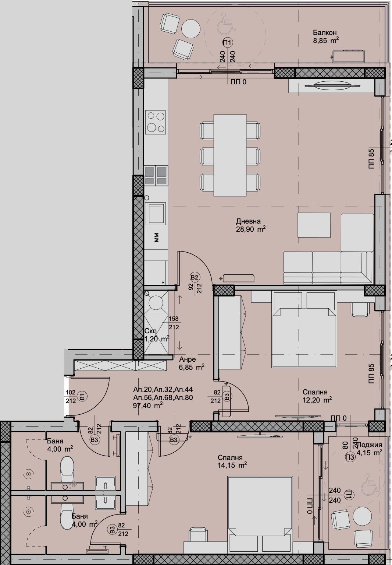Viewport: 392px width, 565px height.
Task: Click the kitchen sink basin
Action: pos(155,213)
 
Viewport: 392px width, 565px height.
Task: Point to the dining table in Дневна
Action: pos(230,155)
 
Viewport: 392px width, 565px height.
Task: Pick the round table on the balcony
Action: pos(192,28)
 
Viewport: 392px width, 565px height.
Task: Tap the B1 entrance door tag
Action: pos(83,397)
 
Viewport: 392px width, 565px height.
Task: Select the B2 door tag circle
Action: pos(195,277)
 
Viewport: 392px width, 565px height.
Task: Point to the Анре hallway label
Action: pos(188,359)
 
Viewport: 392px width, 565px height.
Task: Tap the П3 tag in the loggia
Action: pos(349,457)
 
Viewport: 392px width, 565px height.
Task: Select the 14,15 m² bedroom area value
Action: pos(232,465)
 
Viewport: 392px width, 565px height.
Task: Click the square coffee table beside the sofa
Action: pos(314,226)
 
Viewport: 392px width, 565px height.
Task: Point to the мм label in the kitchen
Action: pos(157,238)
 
